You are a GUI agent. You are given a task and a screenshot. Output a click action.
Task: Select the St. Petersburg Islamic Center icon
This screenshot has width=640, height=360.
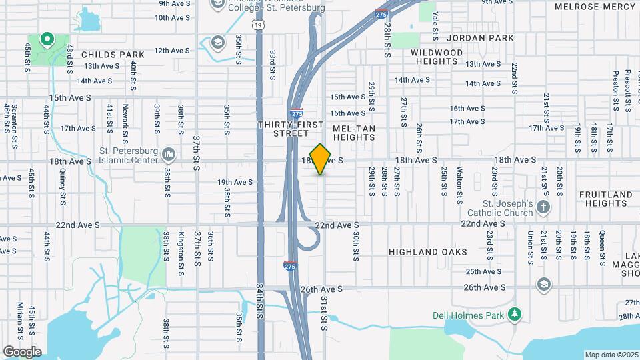pyautogui.click(x=168, y=155)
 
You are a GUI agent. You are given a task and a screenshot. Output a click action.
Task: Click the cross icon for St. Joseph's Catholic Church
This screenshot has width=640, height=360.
pyautogui.click(x=543, y=207)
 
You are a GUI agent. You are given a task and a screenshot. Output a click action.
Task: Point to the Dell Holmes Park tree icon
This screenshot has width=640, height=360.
pyautogui.click(x=514, y=314)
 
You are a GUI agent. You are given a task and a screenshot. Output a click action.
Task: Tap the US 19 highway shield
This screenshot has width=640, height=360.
pyautogui.click(x=257, y=25)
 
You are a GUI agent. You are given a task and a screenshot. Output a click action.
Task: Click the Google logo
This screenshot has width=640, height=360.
pyautogui.click(x=22, y=352)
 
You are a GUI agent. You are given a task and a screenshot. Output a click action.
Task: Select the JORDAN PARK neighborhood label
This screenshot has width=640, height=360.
pyautogui.click(x=481, y=38)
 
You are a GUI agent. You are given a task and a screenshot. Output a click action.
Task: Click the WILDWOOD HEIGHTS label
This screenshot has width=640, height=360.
pyautogui.click(x=437, y=57)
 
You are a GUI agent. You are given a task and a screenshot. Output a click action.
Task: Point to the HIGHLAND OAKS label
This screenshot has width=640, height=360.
pyautogui.click(x=428, y=252)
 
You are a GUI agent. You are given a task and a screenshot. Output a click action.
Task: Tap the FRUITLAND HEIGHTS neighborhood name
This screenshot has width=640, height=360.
pyautogui.click(x=605, y=199)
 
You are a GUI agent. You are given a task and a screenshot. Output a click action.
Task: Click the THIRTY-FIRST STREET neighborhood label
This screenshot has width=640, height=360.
pyautogui.click(x=291, y=129)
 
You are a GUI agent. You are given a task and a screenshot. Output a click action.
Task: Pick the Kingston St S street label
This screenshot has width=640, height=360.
pyautogui.click(x=181, y=253)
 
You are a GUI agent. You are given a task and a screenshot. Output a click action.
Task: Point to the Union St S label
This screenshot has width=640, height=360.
pyautogui.click(x=531, y=246)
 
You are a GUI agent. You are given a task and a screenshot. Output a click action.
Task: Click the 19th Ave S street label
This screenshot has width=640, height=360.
pyautogui.click(x=235, y=182)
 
